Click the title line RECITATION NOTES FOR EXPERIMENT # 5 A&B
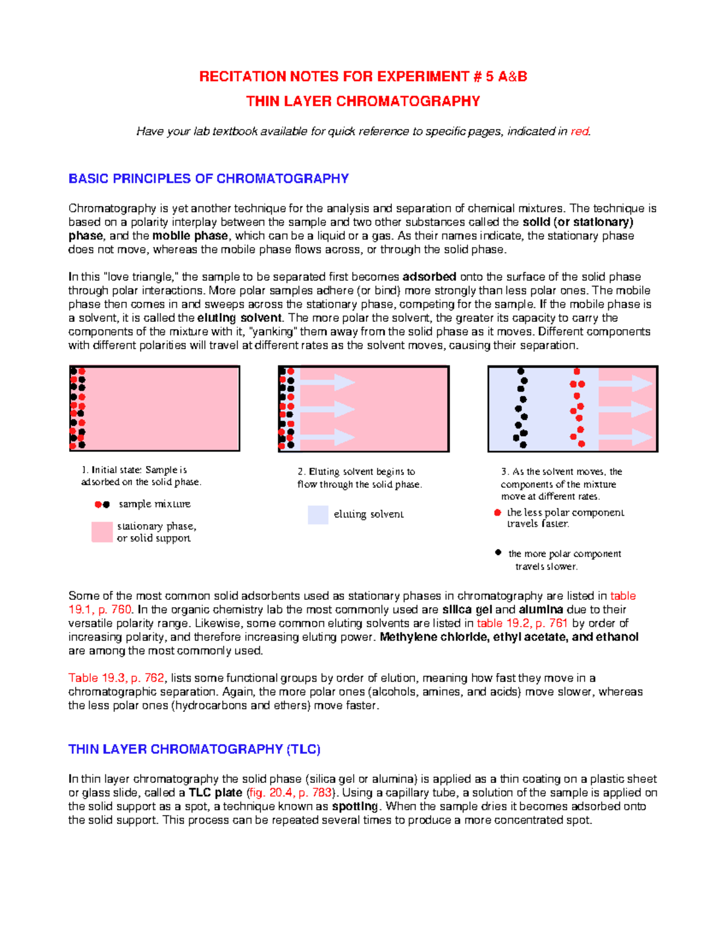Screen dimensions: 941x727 pos(363,76)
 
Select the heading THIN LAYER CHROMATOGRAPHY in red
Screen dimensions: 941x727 pos(363,101)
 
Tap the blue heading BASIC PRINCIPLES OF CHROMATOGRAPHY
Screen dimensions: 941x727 pos(208,179)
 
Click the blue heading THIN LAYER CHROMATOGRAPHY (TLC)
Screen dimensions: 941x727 pos(194,750)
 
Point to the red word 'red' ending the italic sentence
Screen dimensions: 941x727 pos(579,131)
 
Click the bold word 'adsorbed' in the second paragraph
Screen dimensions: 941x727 pos(429,277)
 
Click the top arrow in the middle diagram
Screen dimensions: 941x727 pos(328,382)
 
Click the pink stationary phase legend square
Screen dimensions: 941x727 pos(102,532)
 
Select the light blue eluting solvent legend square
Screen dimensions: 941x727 pos(318,514)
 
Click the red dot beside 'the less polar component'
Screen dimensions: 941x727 pos(497,513)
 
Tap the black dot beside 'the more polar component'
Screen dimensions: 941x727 pos(498,553)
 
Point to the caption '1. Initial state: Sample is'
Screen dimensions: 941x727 pos(134,470)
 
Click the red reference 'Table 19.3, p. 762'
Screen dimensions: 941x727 pos(116,678)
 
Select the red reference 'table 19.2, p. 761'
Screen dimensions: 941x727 pos(522,623)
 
